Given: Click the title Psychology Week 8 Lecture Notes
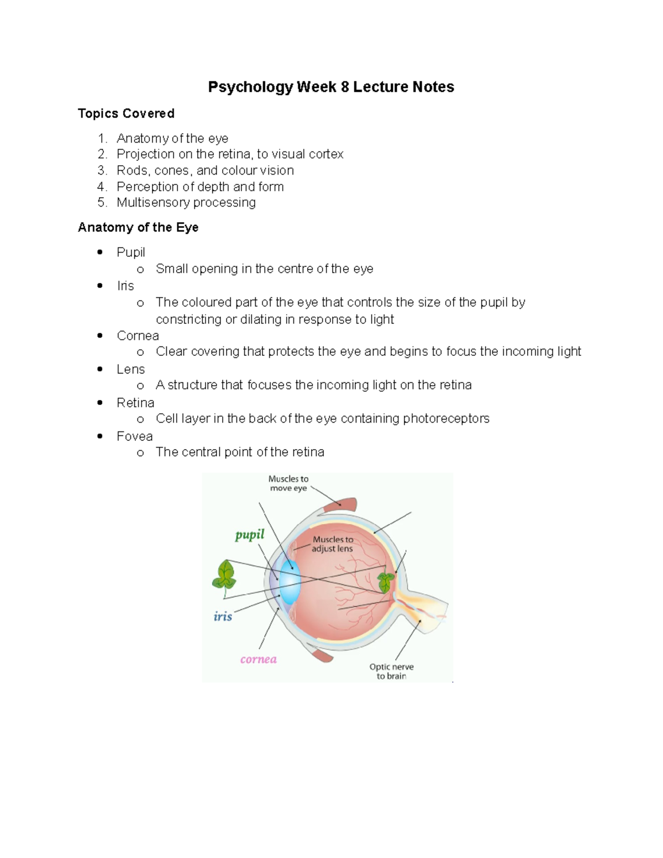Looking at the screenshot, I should click(x=331, y=87).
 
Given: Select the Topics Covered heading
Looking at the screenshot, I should click(x=126, y=113).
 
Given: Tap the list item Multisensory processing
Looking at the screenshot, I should click(x=186, y=203).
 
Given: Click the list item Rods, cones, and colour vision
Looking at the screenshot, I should click(x=205, y=170).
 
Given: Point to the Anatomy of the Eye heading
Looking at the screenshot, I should click(x=138, y=227).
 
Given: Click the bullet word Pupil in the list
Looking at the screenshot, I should click(x=130, y=252).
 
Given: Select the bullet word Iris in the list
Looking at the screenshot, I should click(x=125, y=286).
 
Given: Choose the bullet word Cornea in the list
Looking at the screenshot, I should click(x=138, y=335).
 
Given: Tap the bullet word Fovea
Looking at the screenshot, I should click(x=134, y=436).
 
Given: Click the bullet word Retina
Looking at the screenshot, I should click(x=135, y=403).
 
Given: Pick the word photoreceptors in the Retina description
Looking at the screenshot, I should click(x=446, y=418).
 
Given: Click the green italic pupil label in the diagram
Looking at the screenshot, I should click(x=250, y=534).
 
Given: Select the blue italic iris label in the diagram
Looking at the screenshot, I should click(x=223, y=616).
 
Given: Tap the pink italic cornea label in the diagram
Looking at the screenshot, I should click(x=258, y=659).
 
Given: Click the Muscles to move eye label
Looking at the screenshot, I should click(x=288, y=483).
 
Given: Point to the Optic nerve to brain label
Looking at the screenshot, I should click(x=391, y=671).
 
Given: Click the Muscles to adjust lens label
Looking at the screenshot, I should click(x=332, y=544).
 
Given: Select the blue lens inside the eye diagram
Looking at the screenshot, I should click(x=289, y=583).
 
